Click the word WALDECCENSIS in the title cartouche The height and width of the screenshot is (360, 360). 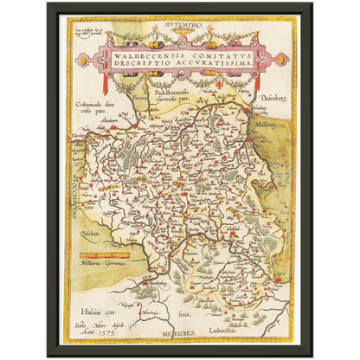(x=142, y=53)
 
